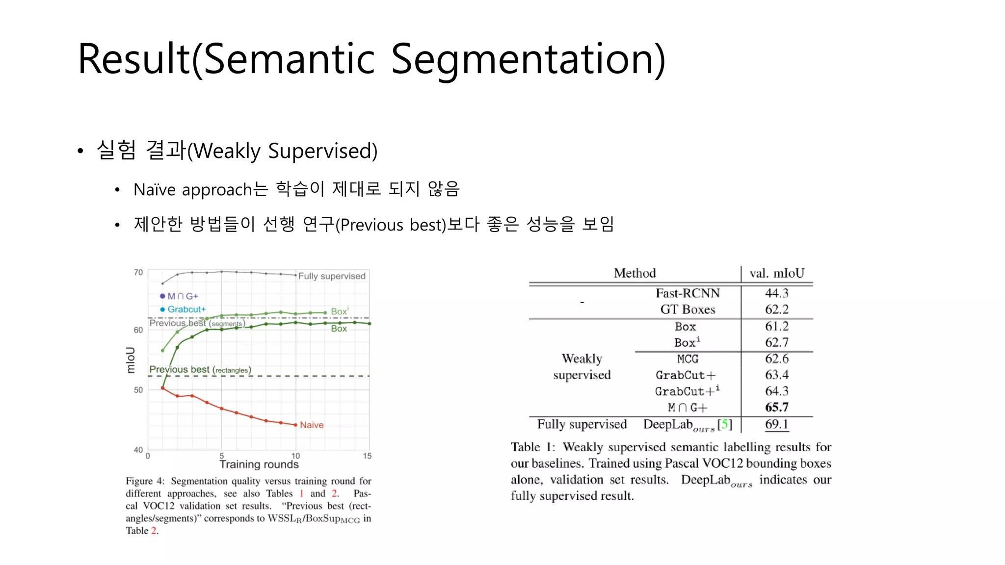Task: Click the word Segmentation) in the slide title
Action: point(528,59)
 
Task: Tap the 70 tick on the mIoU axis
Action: point(138,273)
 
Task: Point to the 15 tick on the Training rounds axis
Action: point(367,456)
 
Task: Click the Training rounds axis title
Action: point(259,464)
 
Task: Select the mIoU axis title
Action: point(131,360)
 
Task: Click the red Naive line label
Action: point(312,425)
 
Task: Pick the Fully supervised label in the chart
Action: point(332,276)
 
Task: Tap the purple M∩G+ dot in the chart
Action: point(162,296)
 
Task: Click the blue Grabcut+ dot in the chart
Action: point(162,309)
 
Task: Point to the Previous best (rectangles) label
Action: point(200,370)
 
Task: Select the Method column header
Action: point(635,273)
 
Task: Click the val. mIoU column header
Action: point(777,273)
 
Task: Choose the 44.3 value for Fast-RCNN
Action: point(776,293)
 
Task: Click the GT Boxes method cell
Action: point(688,309)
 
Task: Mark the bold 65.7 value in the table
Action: point(776,408)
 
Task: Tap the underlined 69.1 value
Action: point(776,424)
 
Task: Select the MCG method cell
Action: point(688,359)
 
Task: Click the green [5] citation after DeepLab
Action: point(725,424)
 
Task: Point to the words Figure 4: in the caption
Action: point(145,481)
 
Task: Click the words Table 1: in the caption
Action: point(532,447)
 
